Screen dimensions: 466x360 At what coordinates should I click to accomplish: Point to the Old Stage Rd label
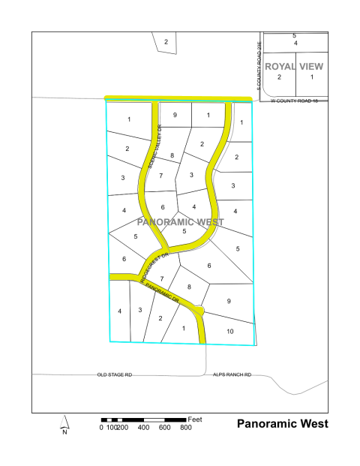(115, 374)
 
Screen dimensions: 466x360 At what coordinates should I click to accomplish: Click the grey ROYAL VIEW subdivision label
(294, 66)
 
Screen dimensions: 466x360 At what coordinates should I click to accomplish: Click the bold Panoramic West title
(283, 424)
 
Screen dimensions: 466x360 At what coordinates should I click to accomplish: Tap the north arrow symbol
(65, 425)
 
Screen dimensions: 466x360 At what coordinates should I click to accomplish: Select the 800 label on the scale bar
(186, 428)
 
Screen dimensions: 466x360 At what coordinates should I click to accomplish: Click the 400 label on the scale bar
(144, 428)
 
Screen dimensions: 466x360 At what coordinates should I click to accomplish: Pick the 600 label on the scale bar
(165, 428)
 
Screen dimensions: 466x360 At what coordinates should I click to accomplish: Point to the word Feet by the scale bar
(196, 418)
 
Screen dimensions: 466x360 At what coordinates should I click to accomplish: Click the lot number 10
(229, 331)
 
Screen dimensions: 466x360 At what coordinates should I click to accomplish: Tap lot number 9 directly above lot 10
(229, 302)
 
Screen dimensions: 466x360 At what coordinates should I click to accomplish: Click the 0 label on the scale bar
(101, 428)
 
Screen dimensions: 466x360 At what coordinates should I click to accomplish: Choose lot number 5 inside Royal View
(294, 36)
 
